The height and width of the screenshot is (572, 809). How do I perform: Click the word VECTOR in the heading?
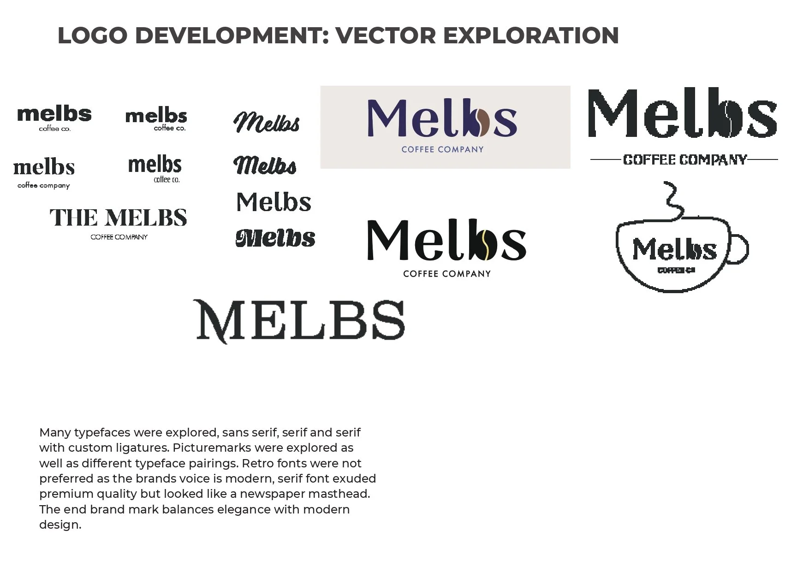tap(385, 36)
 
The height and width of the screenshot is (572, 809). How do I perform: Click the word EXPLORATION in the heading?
tap(531, 36)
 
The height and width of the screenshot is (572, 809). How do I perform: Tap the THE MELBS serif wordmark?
tap(119, 218)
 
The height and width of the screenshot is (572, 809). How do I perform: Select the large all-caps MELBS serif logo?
tap(301, 320)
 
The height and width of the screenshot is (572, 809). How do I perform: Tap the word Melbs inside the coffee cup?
tap(674, 250)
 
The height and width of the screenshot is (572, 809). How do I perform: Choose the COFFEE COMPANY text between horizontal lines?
tap(684, 160)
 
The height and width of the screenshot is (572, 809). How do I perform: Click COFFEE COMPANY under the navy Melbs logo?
tap(442, 149)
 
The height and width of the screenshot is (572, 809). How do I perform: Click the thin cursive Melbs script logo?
tap(267, 123)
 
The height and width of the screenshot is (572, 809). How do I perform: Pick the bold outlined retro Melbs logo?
tap(275, 238)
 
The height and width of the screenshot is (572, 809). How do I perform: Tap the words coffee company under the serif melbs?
tap(44, 185)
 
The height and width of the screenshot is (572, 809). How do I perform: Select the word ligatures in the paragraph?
tap(142, 448)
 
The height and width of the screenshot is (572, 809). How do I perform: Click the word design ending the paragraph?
tap(59, 525)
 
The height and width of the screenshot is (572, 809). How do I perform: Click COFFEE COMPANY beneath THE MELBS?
tap(119, 237)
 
